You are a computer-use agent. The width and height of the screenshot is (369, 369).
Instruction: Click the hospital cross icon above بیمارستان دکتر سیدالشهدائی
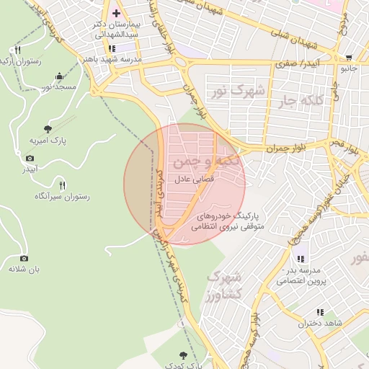(x=116, y=14)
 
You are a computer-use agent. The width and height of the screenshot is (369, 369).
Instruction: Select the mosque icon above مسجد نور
(x=58, y=76)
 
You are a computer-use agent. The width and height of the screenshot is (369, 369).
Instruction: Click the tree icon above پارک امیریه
(x=48, y=129)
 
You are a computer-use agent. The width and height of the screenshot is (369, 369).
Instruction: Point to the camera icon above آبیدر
(x=30, y=158)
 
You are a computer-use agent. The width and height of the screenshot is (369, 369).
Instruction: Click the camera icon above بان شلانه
(x=24, y=258)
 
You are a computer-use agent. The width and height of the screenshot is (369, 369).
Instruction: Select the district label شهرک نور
(x=236, y=92)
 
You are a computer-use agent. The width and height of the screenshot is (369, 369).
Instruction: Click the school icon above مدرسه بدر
(x=300, y=258)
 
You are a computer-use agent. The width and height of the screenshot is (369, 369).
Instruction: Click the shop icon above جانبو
(x=350, y=58)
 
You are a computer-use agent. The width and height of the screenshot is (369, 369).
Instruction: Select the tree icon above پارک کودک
(x=182, y=355)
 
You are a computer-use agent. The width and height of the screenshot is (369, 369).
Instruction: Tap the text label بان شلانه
(x=22, y=269)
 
